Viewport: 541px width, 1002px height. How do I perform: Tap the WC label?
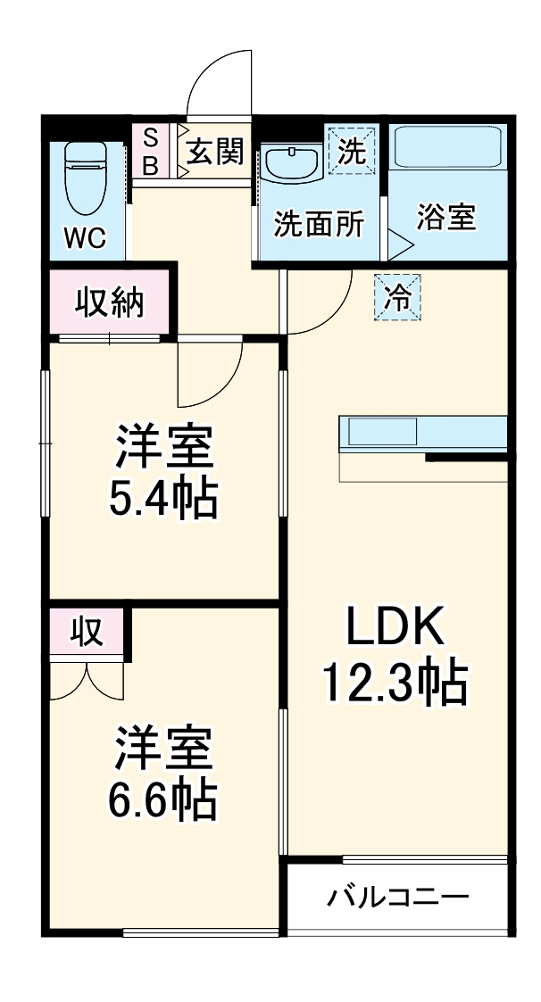tap(85, 238)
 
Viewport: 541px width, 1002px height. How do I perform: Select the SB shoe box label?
tap(151, 152)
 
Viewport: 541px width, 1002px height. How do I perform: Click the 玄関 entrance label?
tap(215, 152)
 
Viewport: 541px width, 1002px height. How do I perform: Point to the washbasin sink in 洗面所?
tap(291, 163)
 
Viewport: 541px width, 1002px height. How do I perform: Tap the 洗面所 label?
tap(319, 224)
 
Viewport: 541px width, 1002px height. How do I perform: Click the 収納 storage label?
tap(109, 304)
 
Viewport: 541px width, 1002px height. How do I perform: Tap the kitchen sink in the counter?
tap(379, 433)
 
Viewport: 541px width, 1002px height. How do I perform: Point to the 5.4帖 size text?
tap(163, 500)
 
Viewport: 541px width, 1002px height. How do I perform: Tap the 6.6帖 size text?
tap(163, 800)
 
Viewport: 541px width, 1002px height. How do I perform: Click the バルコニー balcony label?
tap(397, 896)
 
